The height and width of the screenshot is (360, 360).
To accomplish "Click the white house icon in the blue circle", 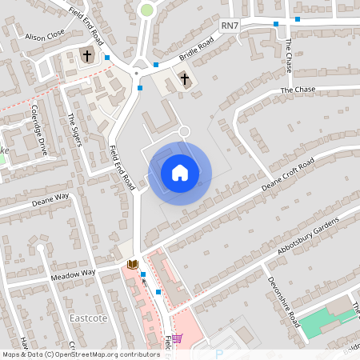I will (x=180, y=172).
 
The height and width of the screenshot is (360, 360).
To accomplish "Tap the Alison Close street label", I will (x=45, y=37).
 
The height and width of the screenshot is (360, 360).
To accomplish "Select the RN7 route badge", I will (x=230, y=26).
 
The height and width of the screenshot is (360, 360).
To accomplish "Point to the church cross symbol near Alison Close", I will (x=87, y=56).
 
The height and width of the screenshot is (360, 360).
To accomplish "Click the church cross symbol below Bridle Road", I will (x=185, y=78).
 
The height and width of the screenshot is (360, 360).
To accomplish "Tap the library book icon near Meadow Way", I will (x=133, y=264).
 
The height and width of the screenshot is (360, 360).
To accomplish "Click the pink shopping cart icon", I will (x=177, y=338).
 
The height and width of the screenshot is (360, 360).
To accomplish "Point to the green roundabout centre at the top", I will (x=146, y=10).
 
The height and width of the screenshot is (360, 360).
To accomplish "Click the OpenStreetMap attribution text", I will (x=80, y=354).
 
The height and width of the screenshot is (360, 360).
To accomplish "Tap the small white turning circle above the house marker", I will (x=184, y=130).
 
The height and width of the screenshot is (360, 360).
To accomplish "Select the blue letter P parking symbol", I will (x=218, y=354).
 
